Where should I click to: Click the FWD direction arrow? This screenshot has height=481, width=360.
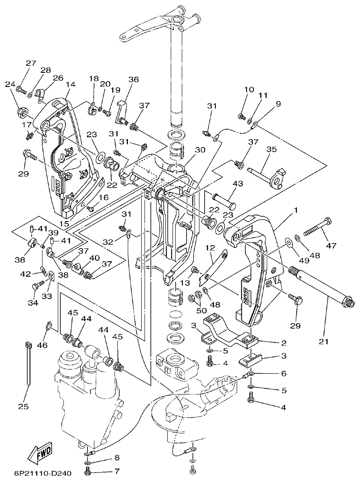pos(39,452)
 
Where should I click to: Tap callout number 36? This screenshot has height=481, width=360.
pos(133,79)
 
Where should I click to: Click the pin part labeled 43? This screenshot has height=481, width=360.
pos(225,199)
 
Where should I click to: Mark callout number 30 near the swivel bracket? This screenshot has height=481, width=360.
pos(200,150)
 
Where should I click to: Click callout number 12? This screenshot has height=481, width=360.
pos(209,248)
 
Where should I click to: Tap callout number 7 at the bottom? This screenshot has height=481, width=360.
pos(116,471)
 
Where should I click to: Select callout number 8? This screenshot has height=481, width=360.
pos(116,457)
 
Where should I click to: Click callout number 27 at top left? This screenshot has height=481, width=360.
pos(30,63)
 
